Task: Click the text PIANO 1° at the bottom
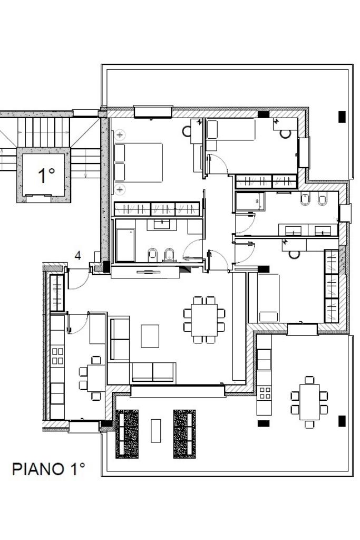[48, 469]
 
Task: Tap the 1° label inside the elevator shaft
[46, 175]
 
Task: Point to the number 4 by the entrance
[78, 256]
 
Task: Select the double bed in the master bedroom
[138, 162]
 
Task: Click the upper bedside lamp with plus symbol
[120, 134]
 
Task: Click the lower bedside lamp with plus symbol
[120, 189]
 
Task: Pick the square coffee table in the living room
[150, 336]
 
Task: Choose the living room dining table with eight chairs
[204, 320]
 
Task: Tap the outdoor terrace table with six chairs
[309, 402]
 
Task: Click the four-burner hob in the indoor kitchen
[57, 356]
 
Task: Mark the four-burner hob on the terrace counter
[265, 393]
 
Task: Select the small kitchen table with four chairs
[92, 378]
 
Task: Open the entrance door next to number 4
[79, 278]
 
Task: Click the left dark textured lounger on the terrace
[127, 434]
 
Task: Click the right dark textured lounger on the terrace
[184, 434]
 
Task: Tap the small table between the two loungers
[156, 430]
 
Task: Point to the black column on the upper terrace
[342, 117]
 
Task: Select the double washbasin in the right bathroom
[308, 230]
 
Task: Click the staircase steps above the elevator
[44, 132]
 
